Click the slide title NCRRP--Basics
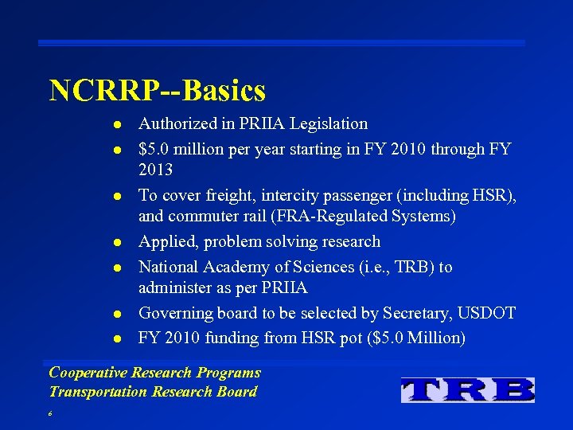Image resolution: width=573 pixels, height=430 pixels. [157, 91]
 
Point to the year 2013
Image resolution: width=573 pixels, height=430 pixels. [155, 170]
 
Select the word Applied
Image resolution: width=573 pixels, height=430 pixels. [165, 242]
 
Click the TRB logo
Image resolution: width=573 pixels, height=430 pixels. [468, 389]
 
